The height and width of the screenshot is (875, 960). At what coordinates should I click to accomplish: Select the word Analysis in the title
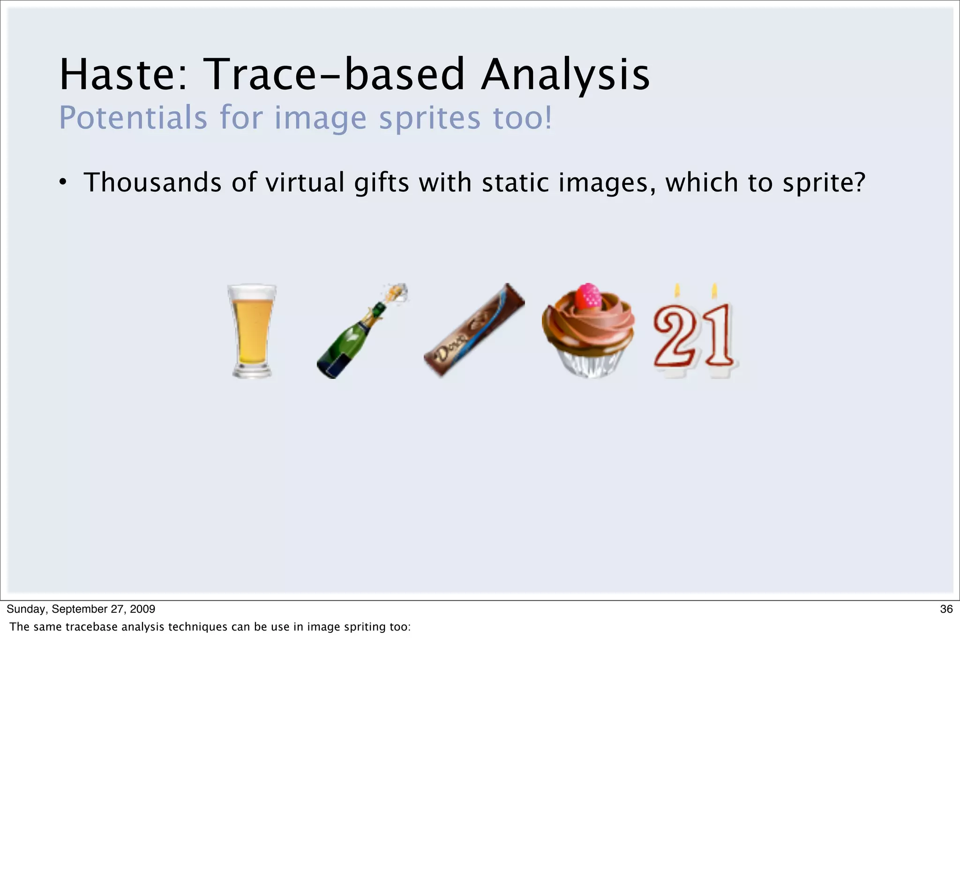[x=565, y=74]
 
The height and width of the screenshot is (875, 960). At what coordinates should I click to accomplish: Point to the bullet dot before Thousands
[x=62, y=183]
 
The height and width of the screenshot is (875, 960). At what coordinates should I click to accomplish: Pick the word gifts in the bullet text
[x=382, y=182]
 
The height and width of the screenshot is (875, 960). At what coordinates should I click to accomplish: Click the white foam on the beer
[x=252, y=292]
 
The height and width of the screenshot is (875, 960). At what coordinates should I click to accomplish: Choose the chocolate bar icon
[x=474, y=330]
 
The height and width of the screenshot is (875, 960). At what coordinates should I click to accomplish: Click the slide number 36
[x=946, y=609]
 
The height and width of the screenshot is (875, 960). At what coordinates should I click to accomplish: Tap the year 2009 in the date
[x=142, y=609]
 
